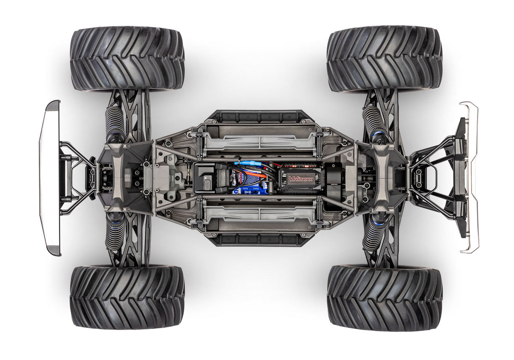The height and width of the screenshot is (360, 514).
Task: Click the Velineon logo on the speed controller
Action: tap(301, 179)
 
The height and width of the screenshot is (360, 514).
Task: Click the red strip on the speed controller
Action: tap(301, 165)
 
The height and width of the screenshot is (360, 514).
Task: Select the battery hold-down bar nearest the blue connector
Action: tap(259, 139)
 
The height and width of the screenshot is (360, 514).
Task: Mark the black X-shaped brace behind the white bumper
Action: tap(76, 178)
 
